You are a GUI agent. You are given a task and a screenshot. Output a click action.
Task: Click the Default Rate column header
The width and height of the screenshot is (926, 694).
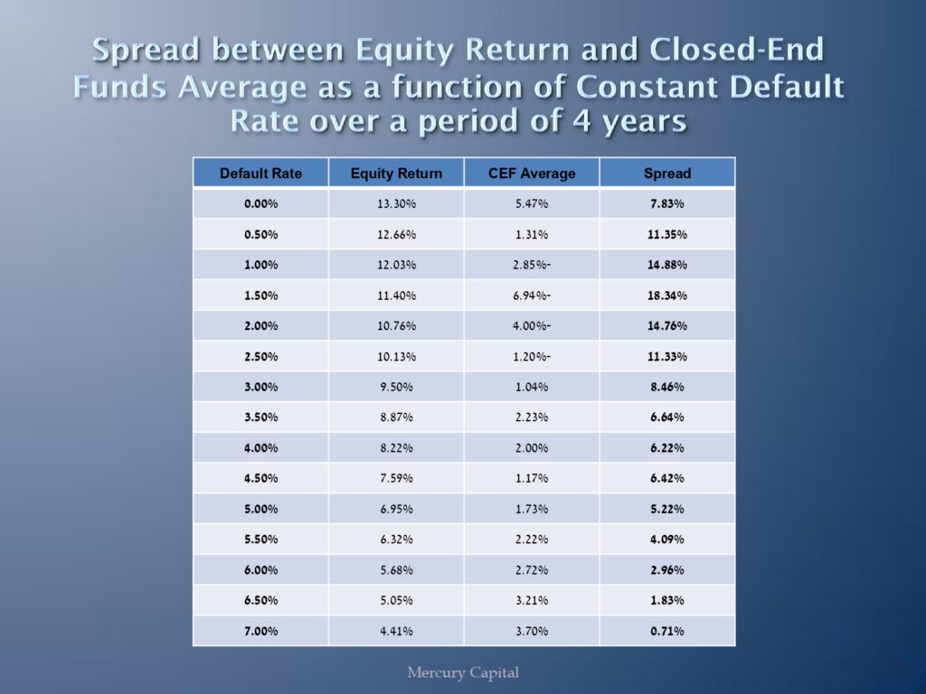(260, 173)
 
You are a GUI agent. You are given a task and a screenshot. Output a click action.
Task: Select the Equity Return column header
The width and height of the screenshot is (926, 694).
(396, 173)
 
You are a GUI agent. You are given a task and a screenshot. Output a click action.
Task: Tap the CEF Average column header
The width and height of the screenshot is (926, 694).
(532, 173)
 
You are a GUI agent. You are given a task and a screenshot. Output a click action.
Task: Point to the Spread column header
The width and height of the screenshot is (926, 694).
(667, 173)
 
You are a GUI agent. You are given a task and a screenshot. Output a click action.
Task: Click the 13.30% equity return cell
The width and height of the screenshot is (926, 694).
(396, 204)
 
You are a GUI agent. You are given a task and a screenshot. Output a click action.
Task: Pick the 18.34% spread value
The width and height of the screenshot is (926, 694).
(667, 295)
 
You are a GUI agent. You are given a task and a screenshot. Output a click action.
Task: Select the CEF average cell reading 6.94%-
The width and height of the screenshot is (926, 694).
(532, 295)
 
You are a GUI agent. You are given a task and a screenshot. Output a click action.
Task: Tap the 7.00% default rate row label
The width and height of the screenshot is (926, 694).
(260, 632)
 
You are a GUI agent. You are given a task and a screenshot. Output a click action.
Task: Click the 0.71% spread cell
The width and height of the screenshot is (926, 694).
(667, 632)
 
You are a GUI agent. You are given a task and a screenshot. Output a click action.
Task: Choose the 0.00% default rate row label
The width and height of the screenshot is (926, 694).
(260, 204)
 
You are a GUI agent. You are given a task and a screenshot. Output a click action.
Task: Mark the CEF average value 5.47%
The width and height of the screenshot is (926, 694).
(532, 204)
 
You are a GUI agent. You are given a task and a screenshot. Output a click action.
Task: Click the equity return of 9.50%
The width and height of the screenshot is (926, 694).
(396, 387)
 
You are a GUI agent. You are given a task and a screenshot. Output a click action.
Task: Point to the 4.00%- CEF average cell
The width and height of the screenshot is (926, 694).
(532, 325)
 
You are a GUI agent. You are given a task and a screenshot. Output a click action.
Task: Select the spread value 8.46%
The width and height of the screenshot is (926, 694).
(667, 387)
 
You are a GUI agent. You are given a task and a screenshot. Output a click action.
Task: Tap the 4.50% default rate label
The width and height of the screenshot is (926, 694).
(260, 479)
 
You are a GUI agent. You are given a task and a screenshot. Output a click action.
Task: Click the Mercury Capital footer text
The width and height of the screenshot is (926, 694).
(463, 672)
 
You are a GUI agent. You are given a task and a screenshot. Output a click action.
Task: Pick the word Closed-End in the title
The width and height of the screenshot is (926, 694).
(736, 50)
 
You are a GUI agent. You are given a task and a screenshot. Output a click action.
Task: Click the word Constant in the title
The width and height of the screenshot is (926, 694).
(647, 86)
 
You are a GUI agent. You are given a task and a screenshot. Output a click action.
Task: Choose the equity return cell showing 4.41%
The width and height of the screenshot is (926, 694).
(396, 632)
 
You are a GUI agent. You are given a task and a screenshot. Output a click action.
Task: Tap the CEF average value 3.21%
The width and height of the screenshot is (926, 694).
(532, 601)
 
